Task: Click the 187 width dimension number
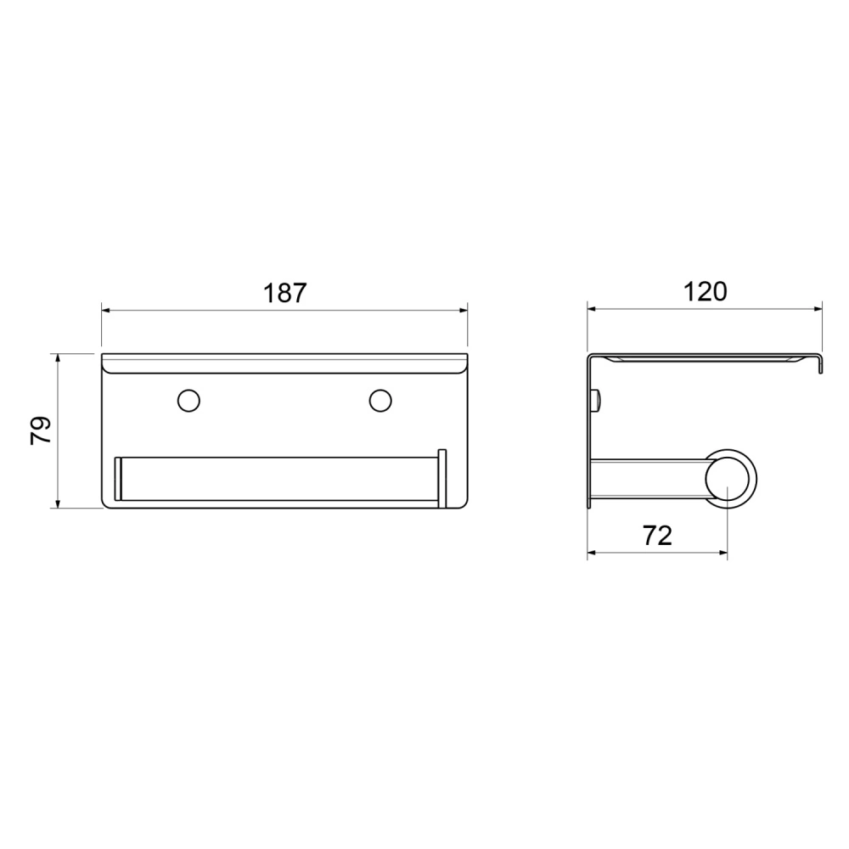[x=284, y=293]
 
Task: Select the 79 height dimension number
[x=41, y=430]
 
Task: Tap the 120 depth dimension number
[x=705, y=292]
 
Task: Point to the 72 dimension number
[x=657, y=536]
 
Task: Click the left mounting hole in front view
[x=189, y=401]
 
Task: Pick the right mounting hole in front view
[x=380, y=401]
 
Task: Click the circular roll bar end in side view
[x=731, y=479]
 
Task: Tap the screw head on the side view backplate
[x=597, y=401]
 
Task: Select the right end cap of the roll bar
[x=442, y=479]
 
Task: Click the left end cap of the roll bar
[x=118, y=479]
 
